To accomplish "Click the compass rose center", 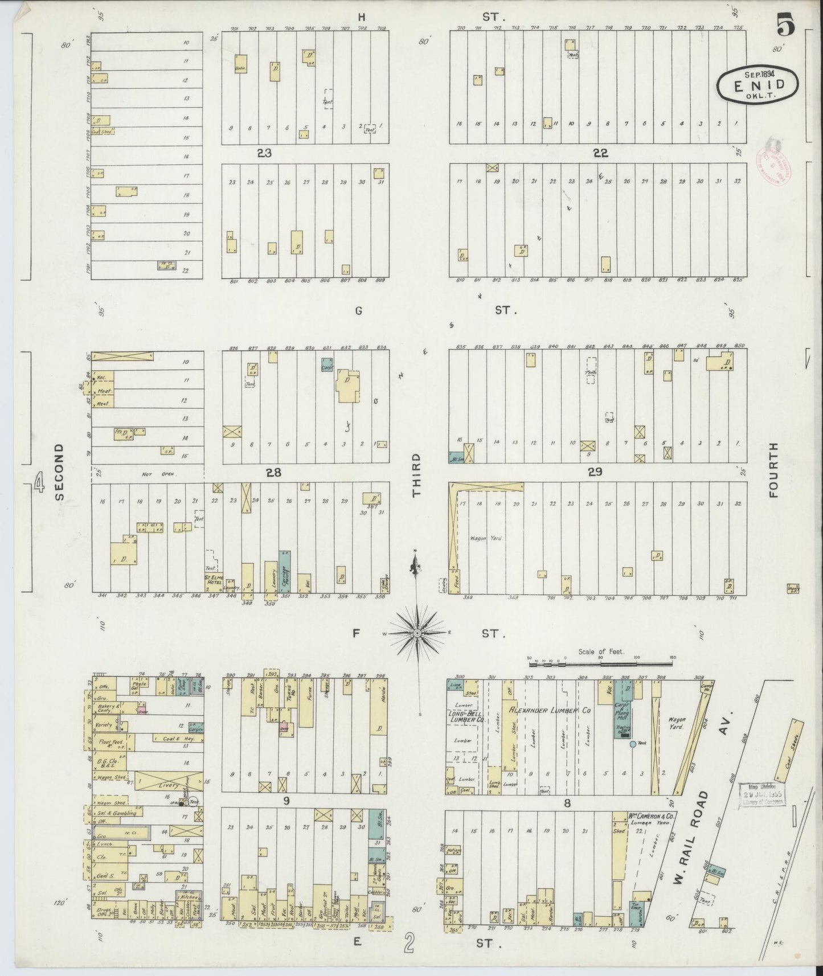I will coord(417,633).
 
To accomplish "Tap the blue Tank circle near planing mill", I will coord(632,744).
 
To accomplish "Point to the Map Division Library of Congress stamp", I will coord(761,794).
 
